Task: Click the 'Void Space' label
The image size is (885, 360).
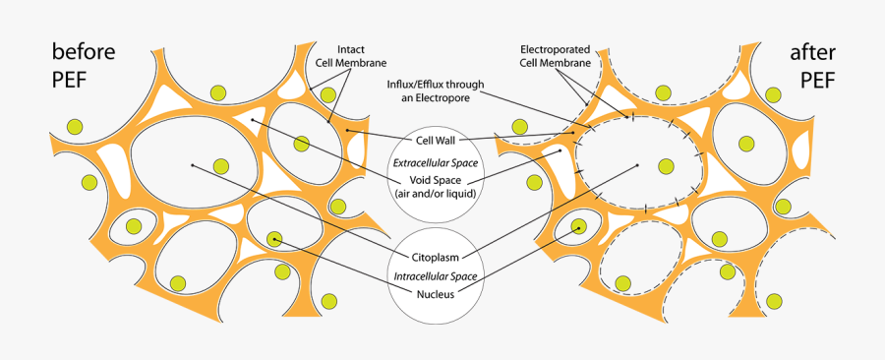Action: point(436,180)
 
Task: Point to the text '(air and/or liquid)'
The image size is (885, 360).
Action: point(436,194)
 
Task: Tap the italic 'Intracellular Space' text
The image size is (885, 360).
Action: point(436,276)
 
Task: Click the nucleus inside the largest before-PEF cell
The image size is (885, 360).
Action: point(221,167)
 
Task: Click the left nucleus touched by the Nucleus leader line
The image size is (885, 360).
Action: point(274,238)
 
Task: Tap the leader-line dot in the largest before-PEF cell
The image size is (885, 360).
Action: point(193,165)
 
